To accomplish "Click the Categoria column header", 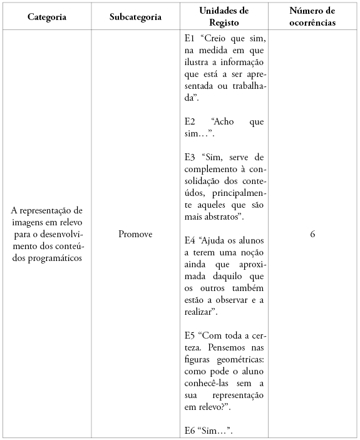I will (x=47, y=17).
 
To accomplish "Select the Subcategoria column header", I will (x=135, y=17).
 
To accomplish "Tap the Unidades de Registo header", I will (x=224, y=16).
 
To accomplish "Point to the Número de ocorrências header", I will (x=312, y=16).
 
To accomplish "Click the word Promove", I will (x=135, y=234).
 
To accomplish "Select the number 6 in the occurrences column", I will (x=312, y=234).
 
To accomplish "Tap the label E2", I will (x=190, y=121).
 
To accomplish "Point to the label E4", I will (x=190, y=240).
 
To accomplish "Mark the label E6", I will (x=190, y=429).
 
